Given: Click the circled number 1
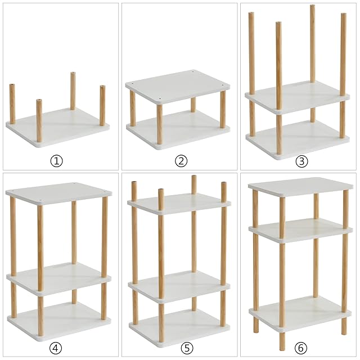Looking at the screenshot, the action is point(56,161).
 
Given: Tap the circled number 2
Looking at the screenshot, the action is point(181,161).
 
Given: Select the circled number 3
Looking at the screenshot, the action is point(301,161).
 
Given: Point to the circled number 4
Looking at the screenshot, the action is point(56,347).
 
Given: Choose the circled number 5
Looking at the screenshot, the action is point(187,348).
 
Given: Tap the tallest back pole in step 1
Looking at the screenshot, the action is point(73,91).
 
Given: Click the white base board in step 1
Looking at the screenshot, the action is point(57,129).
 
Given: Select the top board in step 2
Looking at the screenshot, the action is point(178,87).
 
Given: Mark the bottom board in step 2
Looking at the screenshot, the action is point(178,130).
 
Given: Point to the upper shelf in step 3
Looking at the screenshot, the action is point(298,97).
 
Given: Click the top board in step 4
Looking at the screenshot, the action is point(58,193).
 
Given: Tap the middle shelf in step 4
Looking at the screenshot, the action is point(58,278).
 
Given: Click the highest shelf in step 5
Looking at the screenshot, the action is point(179,204).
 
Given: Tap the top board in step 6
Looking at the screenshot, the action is point(300,187).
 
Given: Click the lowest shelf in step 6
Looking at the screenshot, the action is point(300,314).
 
